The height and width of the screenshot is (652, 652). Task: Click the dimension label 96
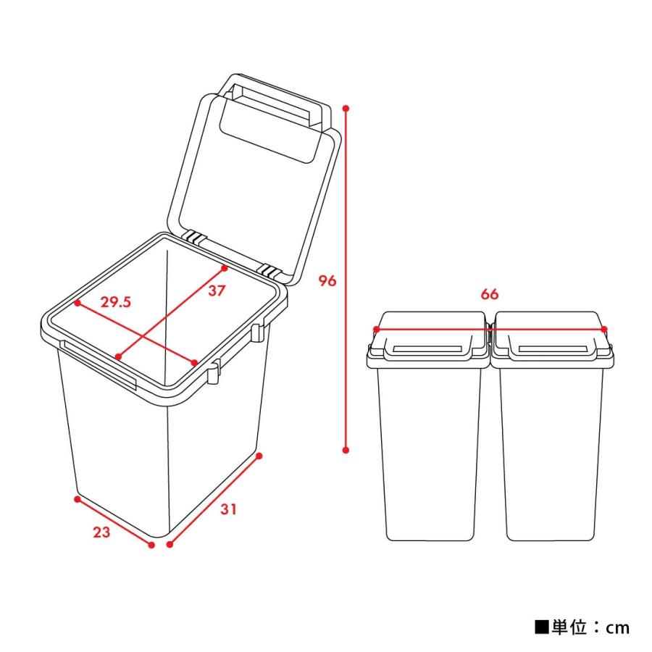(x=327, y=280)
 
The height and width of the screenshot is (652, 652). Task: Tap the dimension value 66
(x=490, y=295)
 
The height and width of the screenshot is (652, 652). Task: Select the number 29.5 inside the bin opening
(x=115, y=303)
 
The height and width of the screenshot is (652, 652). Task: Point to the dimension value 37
(x=217, y=291)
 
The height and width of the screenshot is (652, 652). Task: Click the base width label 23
(x=101, y=532)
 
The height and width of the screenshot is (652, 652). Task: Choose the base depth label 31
(x=228, y=509)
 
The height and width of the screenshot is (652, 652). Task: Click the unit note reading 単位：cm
(x=582, y=627)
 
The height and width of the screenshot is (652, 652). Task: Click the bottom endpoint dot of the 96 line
(x=346, y=450)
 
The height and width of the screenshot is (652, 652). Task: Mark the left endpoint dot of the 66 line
(x=375, y=330)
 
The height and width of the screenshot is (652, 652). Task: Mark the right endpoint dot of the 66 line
(x=607, y=330)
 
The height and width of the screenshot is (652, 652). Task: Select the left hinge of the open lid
(x=193, y=237)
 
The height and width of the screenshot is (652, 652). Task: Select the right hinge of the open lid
(x=272, y=272)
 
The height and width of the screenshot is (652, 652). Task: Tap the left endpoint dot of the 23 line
(x=76, y=498)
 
